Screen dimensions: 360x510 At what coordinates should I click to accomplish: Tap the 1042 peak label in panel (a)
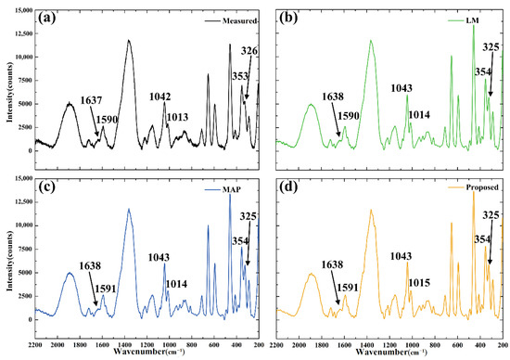click(x=160, y=96)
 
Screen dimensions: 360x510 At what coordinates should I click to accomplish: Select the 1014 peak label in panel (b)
click(x=418, y=114)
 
